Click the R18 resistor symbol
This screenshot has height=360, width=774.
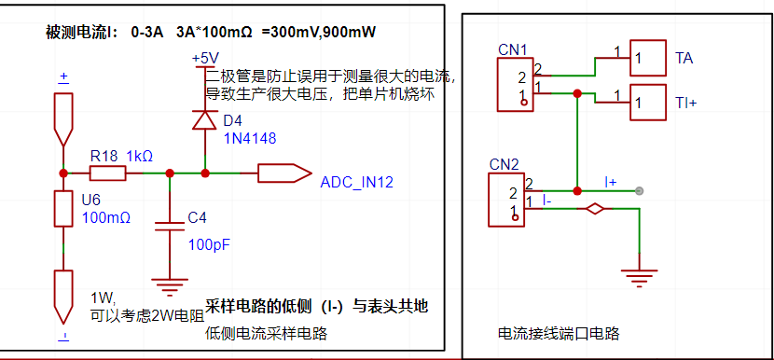point(107,173)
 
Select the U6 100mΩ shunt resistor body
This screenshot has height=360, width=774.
point(63,208)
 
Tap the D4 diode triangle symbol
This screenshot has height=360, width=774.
point(204,120)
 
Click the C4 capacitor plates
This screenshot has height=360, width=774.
point(170,227)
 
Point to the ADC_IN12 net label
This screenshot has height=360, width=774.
point(357,183)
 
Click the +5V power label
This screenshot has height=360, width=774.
point(206,58)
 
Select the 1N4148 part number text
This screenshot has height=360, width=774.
point(250,139)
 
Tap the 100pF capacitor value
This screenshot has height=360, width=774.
point(209,244)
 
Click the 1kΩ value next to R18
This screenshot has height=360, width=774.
point(140,157)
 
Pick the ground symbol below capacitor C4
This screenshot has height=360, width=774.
point(170,285)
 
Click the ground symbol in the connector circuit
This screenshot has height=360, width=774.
point(639,278)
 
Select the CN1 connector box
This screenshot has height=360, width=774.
point(516,84)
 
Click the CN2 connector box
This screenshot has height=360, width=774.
point(506,200)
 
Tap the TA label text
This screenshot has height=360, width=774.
point(684,58)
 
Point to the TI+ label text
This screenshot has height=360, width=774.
point(685,104)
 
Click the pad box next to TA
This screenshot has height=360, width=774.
point(648,58)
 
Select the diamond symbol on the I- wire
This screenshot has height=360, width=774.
point(595,209)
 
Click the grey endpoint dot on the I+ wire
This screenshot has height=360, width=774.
point(639,190)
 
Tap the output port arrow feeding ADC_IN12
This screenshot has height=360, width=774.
point(284,173)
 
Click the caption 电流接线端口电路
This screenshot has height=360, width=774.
point(559,334)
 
